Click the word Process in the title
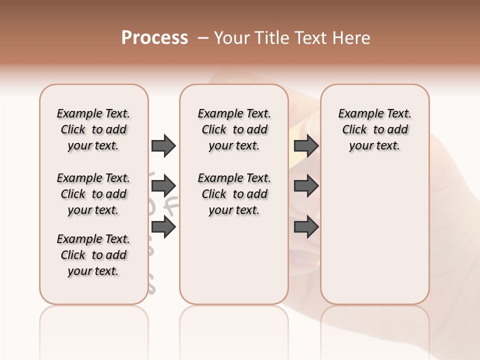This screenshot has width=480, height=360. coord(154,38)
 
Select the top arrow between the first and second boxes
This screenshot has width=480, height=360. coord(163,145)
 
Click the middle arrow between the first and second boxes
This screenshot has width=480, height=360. coord(163,186)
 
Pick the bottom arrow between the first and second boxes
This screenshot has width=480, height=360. coord(163,227)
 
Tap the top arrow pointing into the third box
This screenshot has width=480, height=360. coord(306,145)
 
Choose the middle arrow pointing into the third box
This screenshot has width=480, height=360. coord(306,186)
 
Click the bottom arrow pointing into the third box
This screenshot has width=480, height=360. coord(306,227)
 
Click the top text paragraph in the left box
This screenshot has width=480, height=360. coord(93,129)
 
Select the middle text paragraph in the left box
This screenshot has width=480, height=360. coord(93,194)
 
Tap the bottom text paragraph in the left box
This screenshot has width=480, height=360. coord(93,255)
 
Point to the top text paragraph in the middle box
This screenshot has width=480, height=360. coord(234,129)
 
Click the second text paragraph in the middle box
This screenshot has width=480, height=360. coord(234,194)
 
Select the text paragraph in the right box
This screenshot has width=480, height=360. coord(375,129)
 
